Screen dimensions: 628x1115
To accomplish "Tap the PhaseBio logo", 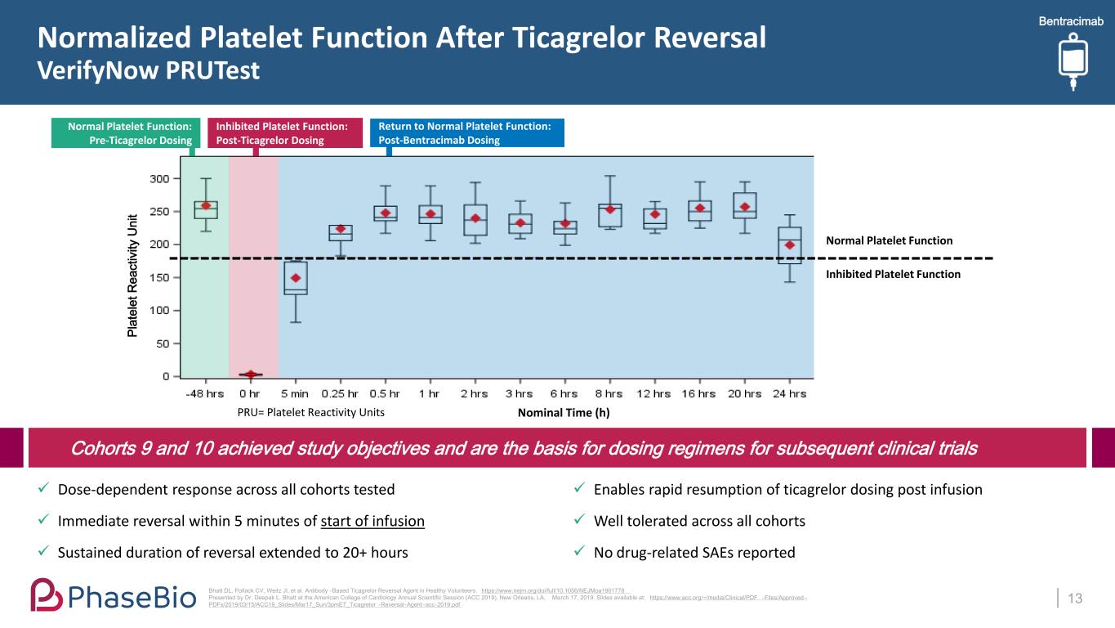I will point(114,595).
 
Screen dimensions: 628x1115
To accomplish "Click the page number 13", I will point(1076,599).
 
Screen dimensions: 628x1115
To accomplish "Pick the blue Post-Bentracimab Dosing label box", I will point(466,132).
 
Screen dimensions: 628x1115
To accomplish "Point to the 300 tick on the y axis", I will point(160,178).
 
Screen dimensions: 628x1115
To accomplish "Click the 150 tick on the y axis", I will point(160,277).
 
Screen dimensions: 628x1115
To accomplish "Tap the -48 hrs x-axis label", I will point(204,393).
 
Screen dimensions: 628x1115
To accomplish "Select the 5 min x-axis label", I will point(295,393).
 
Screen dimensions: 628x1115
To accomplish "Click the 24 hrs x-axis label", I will point(789,393).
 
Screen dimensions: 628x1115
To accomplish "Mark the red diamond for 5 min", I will point(296,278).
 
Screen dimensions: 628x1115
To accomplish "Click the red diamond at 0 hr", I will point(251,375).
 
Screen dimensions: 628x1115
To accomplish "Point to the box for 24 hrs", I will point(789,245).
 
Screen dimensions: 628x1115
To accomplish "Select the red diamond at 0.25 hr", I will point(341,229).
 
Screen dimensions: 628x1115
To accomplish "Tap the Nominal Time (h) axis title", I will point(564,413).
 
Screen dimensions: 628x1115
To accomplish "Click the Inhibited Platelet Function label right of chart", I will point(894,274).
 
